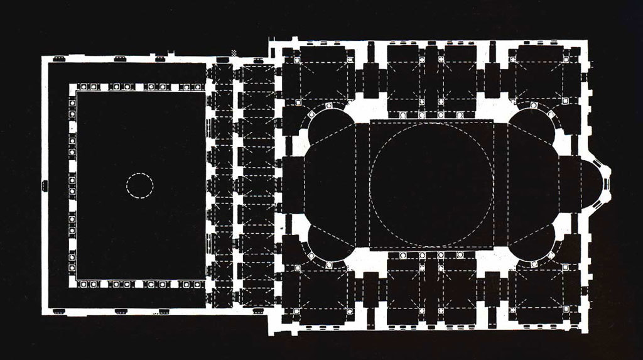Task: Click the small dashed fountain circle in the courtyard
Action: tap(140, 187)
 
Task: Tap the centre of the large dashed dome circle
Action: tap(432, 184)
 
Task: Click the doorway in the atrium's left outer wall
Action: tap(44, 185)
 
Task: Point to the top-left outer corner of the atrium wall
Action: tap(43, 57)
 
